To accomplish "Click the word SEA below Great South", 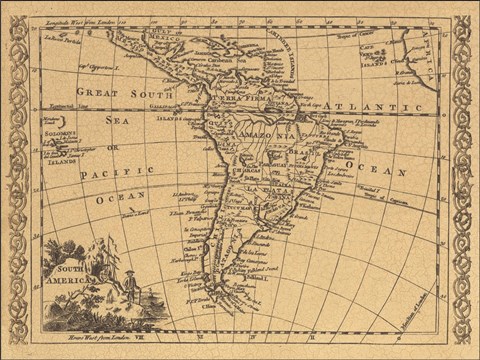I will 116,119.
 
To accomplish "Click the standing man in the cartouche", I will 129,289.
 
